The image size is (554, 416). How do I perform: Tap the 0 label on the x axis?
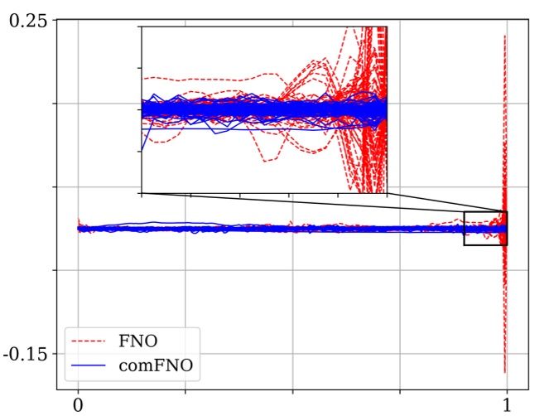(78, 405)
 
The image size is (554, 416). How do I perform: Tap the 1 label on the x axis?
(506, 405)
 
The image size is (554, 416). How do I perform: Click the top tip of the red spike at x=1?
(505, 36)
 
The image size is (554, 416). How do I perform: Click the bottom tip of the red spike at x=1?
(505, 372)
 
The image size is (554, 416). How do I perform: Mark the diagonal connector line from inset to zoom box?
(323, 203)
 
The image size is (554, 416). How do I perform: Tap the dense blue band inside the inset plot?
(265, 110)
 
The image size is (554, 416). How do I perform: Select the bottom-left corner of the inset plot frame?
(141, 194)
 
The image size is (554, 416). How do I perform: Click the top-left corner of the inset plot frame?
(141, 27)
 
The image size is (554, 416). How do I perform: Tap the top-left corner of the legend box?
(66, 327)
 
